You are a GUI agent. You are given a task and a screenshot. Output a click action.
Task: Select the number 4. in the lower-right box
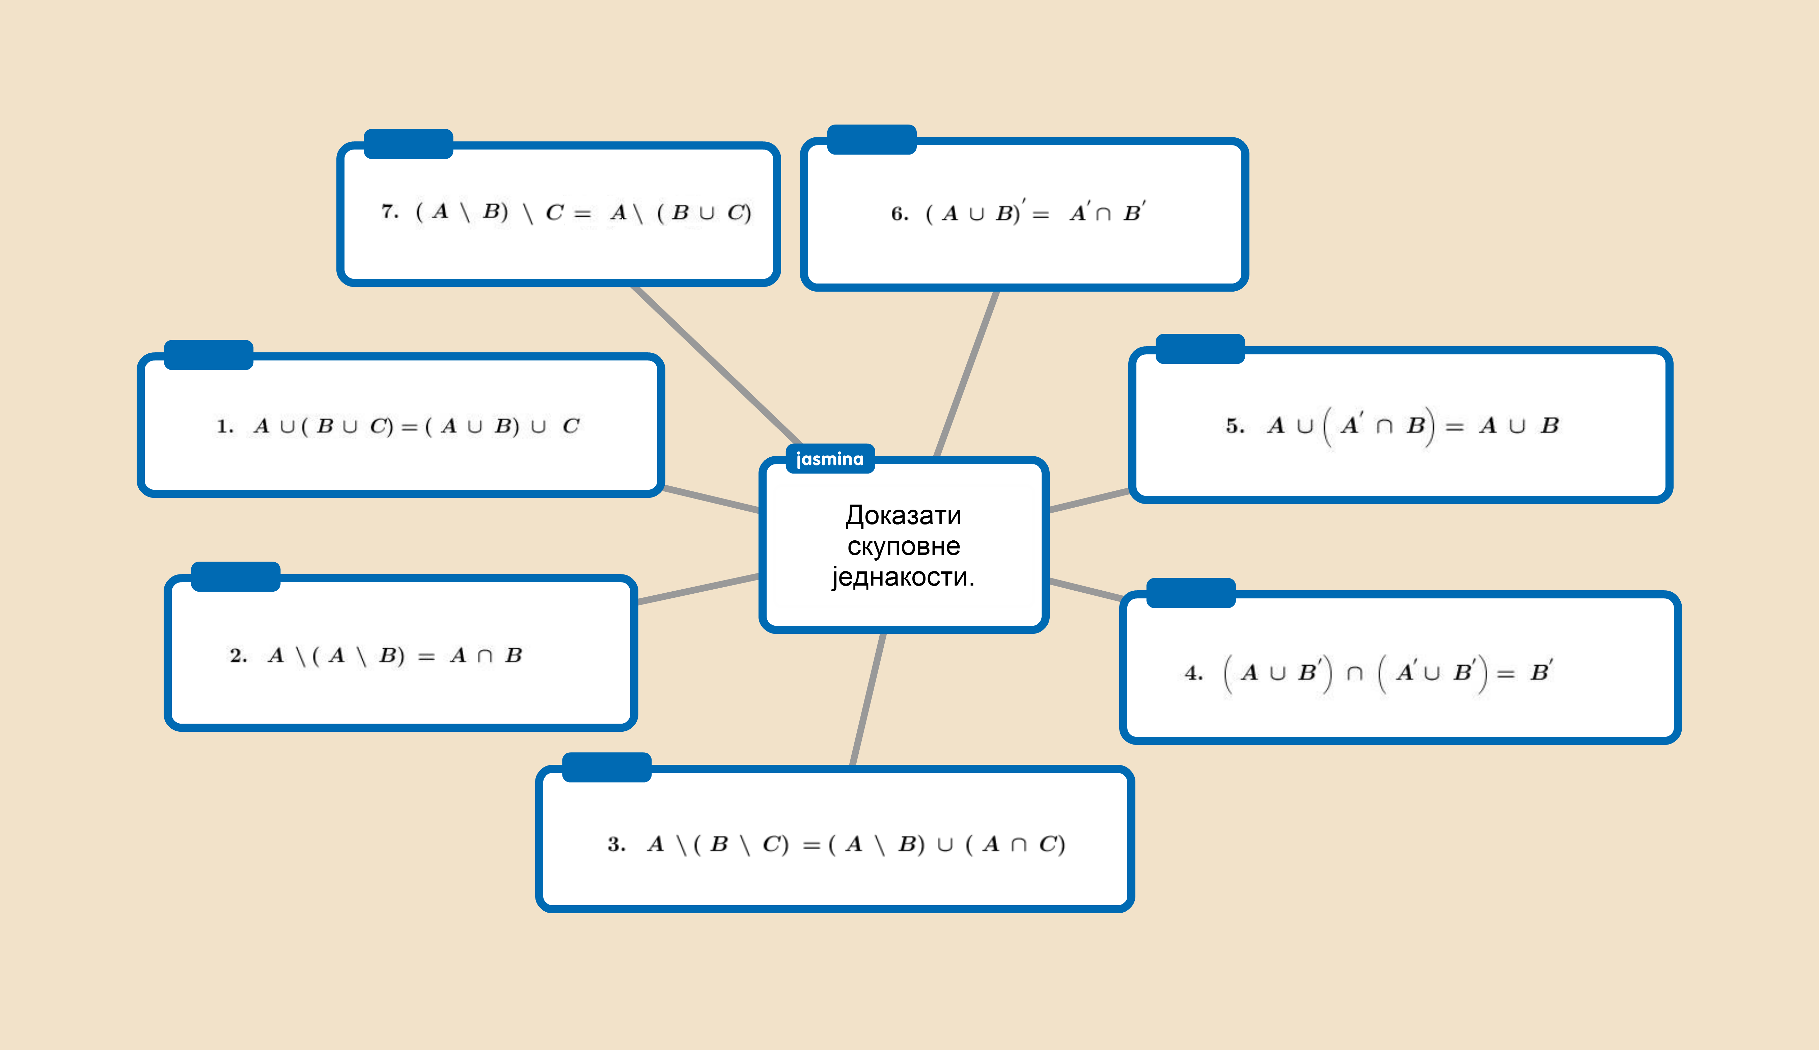(x=1193, y=674)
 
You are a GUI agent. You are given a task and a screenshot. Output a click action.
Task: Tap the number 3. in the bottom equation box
(x=616, y=844)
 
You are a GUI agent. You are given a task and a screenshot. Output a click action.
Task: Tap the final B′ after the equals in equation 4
(x=1541, y=672)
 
